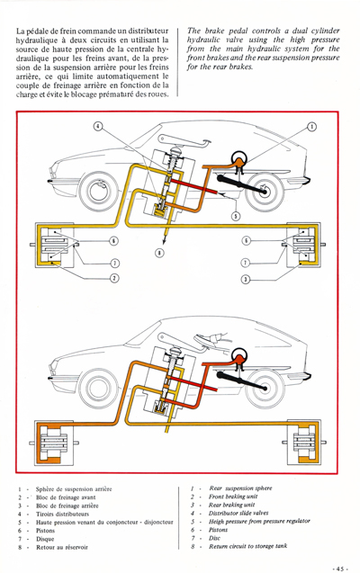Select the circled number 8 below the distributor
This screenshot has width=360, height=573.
pyautogui.click(x=159, y=253)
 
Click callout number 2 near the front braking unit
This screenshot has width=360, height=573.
pyautogui.click(x=115, y=278)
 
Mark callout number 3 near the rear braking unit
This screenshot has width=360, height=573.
pyautogui.click(x=247, y=278)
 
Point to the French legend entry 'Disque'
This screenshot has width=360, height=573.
pyautogui.click(x=46, y=539)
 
